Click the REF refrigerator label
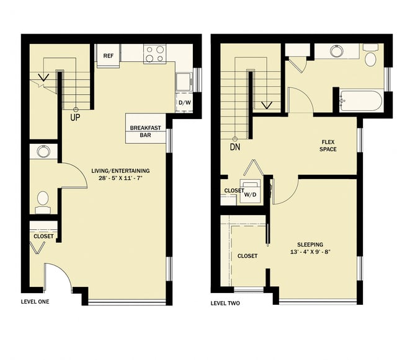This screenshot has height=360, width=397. pyautogui.click(x=108, y=56)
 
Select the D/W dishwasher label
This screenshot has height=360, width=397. pyautogui.click(x=184, y=103)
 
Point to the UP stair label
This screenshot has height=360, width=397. pyautogui.click(x=75, y=117)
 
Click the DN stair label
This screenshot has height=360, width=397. pyautogui.click(x=235, y=147)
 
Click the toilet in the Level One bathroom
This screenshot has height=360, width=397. pyautogui.click(x=43, y=200)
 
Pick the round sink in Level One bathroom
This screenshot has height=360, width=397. pyautogui.click(x=43, y=151)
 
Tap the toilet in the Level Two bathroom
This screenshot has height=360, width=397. pyautogui.click(x=370, y=56)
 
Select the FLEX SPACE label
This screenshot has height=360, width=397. pyautogui.click(x=328, y=146)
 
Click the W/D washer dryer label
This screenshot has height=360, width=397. pyautogui.click(x=251, y=194)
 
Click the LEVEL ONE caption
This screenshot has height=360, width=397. pyautogui.click(x=35, y=302)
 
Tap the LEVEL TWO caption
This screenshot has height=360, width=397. pyautogui.click(x=225, y=304)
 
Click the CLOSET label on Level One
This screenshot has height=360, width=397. pyautogui.click(x=43, y=236)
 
